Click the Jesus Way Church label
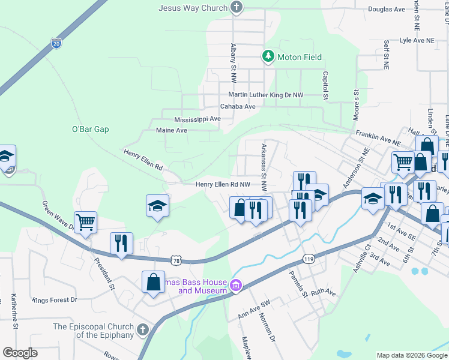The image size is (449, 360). point(193,8)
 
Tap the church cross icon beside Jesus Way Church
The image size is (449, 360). point(237,8)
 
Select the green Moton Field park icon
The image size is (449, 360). point(268,57)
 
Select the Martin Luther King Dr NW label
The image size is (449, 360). point(265,95)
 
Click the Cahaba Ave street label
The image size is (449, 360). point(238,106)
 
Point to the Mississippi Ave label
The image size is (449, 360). point(197,119)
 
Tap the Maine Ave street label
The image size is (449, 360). point(172,130)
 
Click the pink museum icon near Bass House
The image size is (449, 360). point(237,286)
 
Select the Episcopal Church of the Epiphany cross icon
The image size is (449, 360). point(142,330)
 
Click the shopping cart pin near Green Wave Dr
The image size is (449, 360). point(86,222)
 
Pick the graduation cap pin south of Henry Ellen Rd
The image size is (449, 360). point(158,206)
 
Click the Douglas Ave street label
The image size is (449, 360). point(387,9)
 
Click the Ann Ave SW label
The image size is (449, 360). point(255,314)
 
